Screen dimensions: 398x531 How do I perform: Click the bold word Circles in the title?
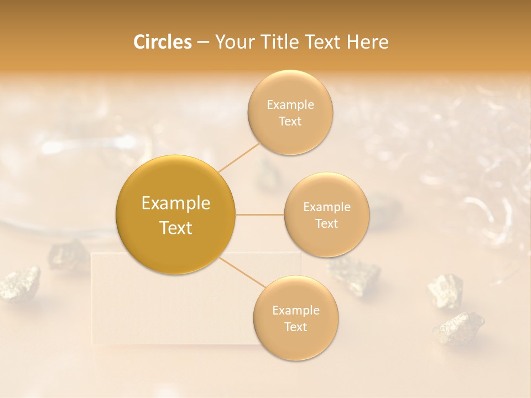click(163, 42)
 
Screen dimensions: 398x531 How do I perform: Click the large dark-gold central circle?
click(176, 214)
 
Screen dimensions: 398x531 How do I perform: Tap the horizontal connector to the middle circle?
click(260, 214)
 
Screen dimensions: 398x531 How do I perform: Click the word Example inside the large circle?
click(176, 203)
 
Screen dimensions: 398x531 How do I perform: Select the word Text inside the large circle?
click(176, 228)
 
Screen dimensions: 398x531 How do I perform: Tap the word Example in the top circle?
click(290, 105)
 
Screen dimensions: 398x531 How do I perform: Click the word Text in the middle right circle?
click(327, 224)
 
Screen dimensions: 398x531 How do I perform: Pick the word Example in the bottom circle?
click(295, 310)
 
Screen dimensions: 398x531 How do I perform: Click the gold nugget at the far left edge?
click(20, 283)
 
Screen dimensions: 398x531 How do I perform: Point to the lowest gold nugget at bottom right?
click(459, 327)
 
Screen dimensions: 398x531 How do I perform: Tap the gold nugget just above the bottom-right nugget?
click(446, 290)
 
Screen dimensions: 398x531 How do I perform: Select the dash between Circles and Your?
click(203, 43)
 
